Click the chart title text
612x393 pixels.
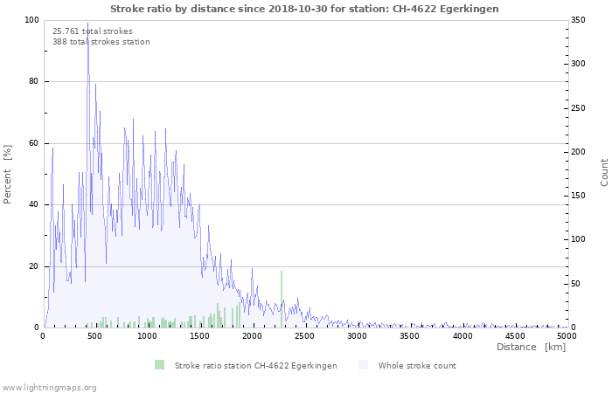pyautogui.click(x=304, y=9)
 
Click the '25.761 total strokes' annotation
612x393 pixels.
pyautogui.click(x=93, y=31)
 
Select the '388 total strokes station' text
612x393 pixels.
pyautogui.click(x=101, y=42)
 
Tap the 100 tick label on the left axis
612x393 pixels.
pyautogui.click(x=31, y=20)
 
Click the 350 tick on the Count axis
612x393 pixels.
pyautogui.click(x=578, y=20)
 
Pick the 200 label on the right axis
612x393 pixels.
pyautogui.click(x=578, y=152)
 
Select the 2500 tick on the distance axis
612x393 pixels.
pyautogui.click(x=304, y=336)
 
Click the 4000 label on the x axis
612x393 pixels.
pyautogui.click(x=462, y=336)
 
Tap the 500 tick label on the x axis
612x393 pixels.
pyautogui.click(x=94, y=336)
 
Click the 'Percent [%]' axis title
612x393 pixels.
pyautogui.click(x=7, y=175)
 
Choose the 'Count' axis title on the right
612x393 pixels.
pyautogui.click(x=604, y=173)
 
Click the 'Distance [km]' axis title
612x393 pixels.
pyautogui.click(x=531, y=347)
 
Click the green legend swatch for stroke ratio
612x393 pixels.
pyautogui.click(x=160, y=365)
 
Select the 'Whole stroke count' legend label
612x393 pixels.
pyautogui.click(x=417, y=366)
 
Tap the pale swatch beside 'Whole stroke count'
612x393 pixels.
pyautogui.click(x=363, y=365)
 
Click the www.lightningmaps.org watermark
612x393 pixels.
pyautogui.click(x=48, y=388)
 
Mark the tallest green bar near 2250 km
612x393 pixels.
pyautogui.click(x=282, y=299)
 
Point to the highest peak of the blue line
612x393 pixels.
pyautogui.click(x=87, y=23)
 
